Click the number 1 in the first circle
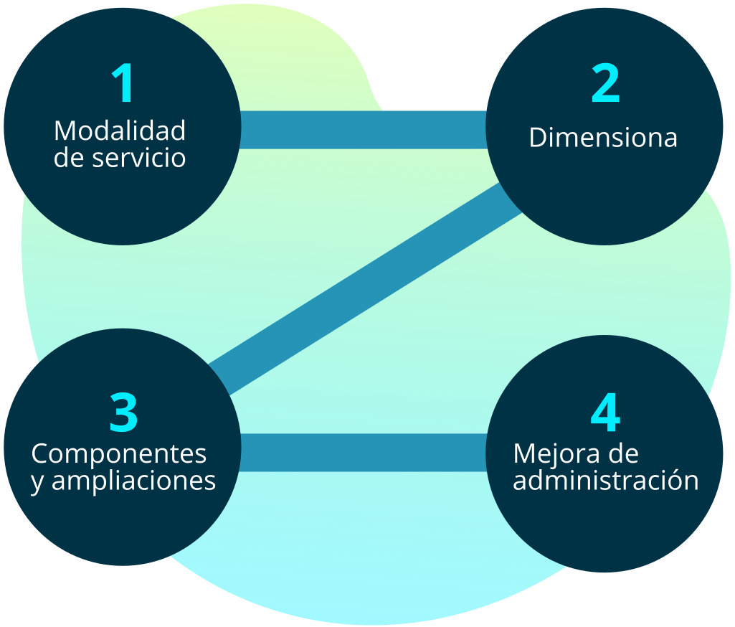[x=123, y=83]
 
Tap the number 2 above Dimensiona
[x=604, y=83]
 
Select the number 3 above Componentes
[x=123, y=412]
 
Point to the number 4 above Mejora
[x=604, y=412]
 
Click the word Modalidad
[x=120, y=131]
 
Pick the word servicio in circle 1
[x=139, y=158]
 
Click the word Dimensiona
[x=603, y=137]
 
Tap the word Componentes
[x=119, y=454]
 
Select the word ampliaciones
[x=134, y=481]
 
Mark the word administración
[x=606, y=480]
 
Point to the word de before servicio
[x=70, y=158]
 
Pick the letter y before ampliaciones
[x=37, y=483]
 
